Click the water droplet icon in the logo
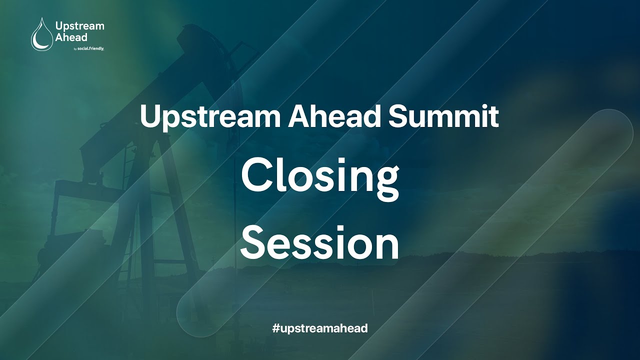[x=41, y=34]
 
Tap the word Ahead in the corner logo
[x=71, y=37]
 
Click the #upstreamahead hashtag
[x=320, y=328]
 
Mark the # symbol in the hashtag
[x=275, y=328]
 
